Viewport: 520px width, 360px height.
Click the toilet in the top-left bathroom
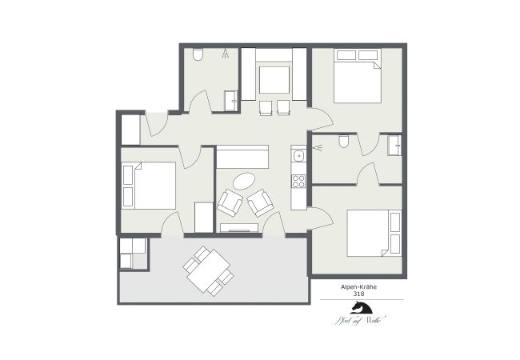tap(198, 54)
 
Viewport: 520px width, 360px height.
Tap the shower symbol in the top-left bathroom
tap(226, 54)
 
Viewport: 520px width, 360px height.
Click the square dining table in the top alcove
tap(274, 80)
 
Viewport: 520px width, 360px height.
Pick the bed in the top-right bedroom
tap(356, 76)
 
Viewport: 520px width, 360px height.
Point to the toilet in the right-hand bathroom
tap(344, 142)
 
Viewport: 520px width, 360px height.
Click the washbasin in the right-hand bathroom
tap(394, 145)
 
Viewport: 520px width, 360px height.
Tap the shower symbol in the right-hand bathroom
tap(318, 147)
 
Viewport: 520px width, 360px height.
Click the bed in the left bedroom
tap(149, 186)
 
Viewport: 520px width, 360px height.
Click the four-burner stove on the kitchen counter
tap(298, 180)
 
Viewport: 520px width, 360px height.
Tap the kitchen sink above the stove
tap(298, 154)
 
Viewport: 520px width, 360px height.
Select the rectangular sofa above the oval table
tap(242, 155)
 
